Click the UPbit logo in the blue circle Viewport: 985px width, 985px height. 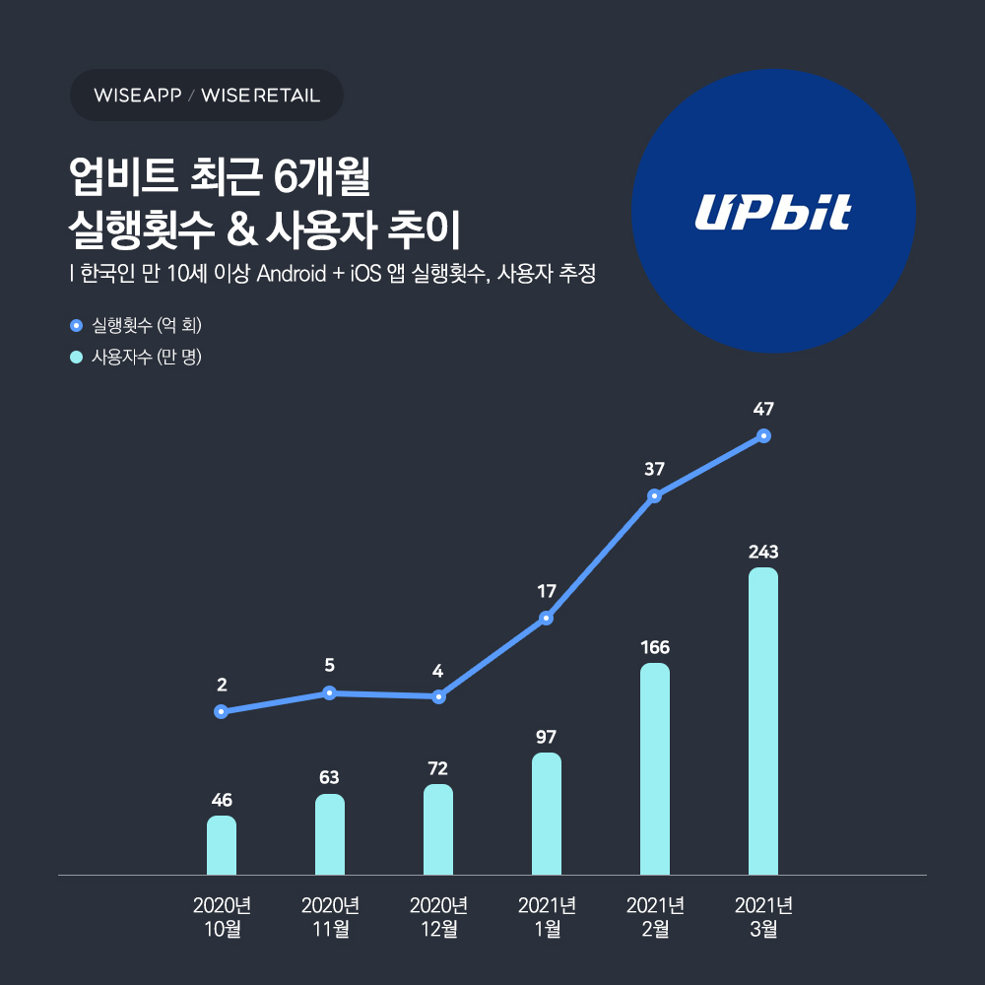[772, 213]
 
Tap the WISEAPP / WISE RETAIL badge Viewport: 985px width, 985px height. [207, 96]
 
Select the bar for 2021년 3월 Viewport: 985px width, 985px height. [763, 721]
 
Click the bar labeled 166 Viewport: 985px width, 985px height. [655, 768]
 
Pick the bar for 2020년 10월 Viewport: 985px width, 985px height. [222, 845]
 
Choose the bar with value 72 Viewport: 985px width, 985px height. [438, 829]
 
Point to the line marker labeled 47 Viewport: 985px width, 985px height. [763, 435]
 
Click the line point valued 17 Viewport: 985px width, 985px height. [547, 619]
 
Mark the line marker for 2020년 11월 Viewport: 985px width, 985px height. [330, 692]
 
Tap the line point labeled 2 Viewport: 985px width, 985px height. [222, 711]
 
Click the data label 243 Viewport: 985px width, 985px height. [763, 552]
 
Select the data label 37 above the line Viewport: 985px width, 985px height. [654, 470]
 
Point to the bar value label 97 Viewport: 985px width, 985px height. [547, 737]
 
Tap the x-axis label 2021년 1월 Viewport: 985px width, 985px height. [547, 917]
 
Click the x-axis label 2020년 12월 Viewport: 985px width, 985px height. [438, 917]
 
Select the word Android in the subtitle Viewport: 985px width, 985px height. [291, 274]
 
